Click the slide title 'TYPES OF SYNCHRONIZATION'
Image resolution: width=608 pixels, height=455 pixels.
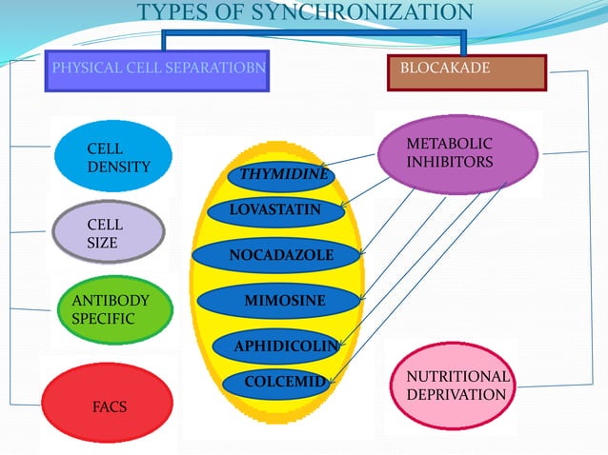[x=305, y=12]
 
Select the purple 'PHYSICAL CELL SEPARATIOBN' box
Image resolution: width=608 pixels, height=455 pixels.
[x=157, y=71]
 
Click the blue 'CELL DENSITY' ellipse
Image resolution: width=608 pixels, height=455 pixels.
[x=113, y=158]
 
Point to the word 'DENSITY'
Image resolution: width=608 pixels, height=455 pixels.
[x=119, y=168]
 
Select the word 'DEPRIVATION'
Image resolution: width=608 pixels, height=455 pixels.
[x=456, y=394]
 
